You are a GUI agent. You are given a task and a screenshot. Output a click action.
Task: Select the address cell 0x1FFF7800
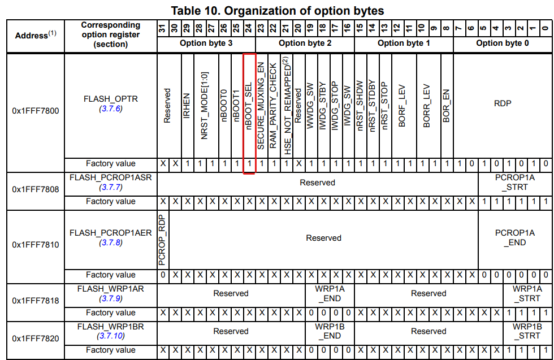(x=36, y=111)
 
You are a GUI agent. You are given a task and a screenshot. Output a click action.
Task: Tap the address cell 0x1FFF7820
(x=36, y=340)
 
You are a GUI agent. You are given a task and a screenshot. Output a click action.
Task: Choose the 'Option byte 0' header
(x=503, y=43)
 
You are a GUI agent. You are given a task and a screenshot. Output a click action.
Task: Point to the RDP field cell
(x=503, y=103)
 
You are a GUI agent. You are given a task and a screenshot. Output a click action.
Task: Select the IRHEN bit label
(x=187, y=105)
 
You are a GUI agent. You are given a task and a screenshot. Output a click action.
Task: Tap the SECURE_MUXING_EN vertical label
(x=261, y=106)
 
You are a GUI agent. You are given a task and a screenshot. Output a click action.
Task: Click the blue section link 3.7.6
(x=111, y=109)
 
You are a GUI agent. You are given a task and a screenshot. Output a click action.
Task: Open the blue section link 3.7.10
(x=111, y=336)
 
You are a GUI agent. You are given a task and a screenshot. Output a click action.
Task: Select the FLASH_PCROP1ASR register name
(x=111, y=177)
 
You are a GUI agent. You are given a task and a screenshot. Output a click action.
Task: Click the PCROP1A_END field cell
(x=514, y=237)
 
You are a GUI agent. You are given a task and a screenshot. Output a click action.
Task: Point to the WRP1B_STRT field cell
(x=527, y=331)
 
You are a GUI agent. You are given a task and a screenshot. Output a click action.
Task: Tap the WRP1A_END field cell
(x=329, y=293)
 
